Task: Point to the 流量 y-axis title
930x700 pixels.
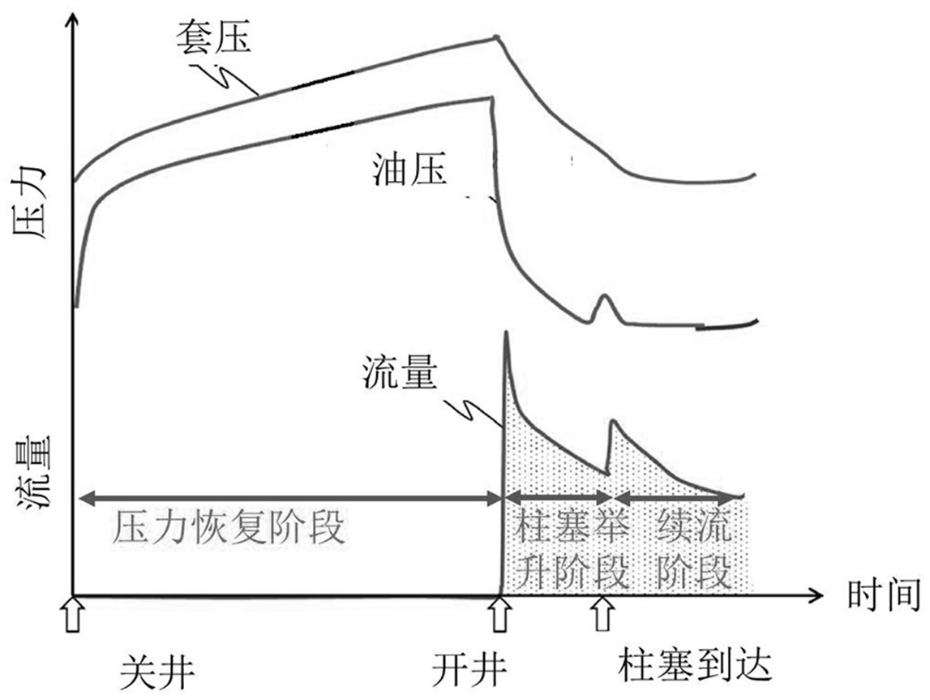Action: pyautogui.click(x=31, y=475)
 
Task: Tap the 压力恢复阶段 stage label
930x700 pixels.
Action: pyautogui.click(x=229, y=529)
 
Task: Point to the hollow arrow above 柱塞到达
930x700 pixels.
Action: pyautogui.click(x=601, y=615)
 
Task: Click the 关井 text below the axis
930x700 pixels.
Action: pyautogui.click(x=157, y=670)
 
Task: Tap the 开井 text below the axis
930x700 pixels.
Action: pyautogui.click(x=469, y=670)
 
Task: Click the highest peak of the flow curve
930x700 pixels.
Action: pyautogui.click(x=505, y=333)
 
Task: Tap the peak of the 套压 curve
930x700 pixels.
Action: pyautogui.click(x=497, y=36)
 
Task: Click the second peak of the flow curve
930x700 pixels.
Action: pyautogui.click(x=612, y=421)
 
